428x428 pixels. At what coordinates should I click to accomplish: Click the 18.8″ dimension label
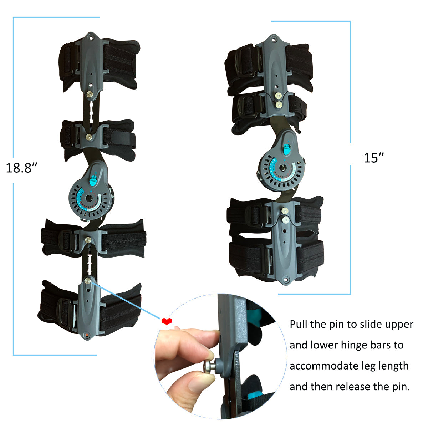pyautogui.click(x=22, y=167)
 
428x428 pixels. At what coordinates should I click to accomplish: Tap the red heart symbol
pyautogui.click(x=167, y=322)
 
